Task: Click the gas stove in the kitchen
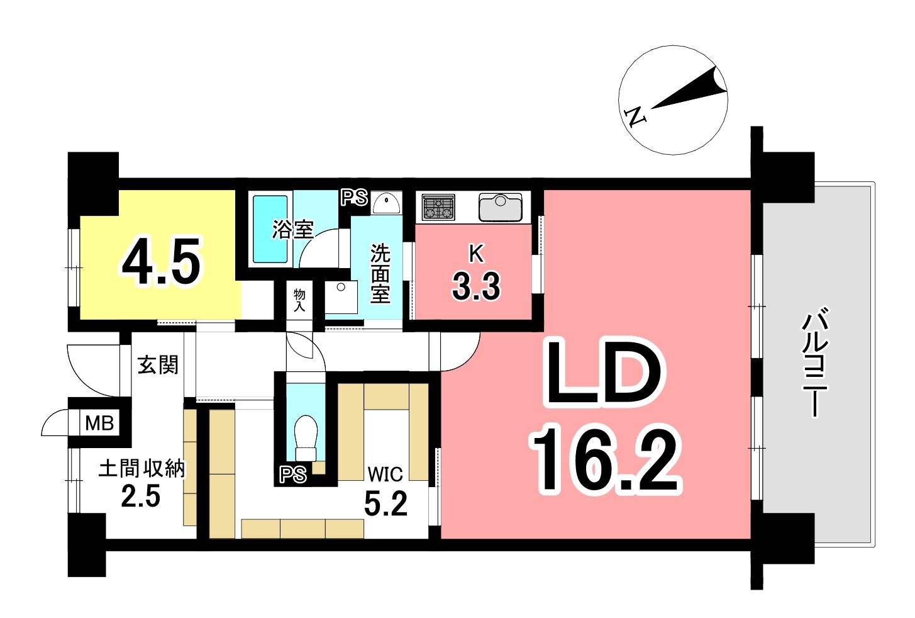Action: click(x=439, y=207)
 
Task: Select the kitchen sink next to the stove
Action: click(x=501, y=207)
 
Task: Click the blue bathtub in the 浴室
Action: click(x=270, y=229)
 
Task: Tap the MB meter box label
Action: click(x=99, y=423)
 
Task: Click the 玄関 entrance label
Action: click(x=158, y=364)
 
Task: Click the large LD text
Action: click(x=606, y=374)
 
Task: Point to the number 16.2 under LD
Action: click(x=606, y=460)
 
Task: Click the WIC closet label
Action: click(x=385, y=474)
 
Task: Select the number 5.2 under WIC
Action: click(x=385, y=503)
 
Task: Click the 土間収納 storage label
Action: click(x=142, y=468)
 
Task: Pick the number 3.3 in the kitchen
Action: click(x=476, y=286)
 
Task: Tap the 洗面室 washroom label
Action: click(x=380, y=273)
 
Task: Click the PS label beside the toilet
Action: click(x=293, y=475)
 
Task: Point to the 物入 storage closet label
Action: click(x=299, y=300)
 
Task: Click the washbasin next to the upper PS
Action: click(x=386, y=203)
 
